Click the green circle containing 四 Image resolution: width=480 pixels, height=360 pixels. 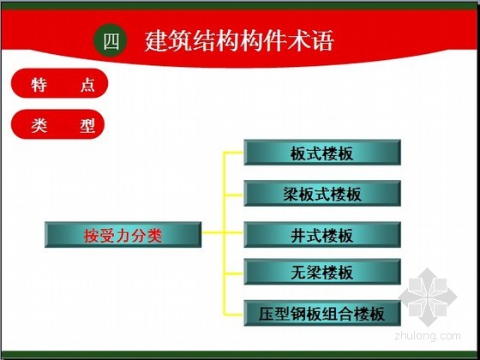[111, 40]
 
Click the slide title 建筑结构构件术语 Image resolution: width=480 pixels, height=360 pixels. [239, 41]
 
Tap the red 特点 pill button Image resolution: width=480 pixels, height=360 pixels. [59, 83]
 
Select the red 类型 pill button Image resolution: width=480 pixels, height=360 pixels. [58, 124]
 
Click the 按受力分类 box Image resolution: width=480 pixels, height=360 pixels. [123, 235]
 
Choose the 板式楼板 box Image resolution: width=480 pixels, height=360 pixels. [322, 153]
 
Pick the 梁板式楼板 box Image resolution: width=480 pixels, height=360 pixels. [322, 194]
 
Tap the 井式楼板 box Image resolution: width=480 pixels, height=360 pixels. [322, 235]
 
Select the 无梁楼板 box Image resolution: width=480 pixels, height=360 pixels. [322, 272]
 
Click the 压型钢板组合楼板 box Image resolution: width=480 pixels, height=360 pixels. [322, 313]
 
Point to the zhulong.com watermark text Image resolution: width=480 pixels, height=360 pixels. [428, 336]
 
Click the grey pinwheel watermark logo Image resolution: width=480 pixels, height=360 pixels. [428, 297]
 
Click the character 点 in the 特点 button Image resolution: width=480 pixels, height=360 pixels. [87, 85]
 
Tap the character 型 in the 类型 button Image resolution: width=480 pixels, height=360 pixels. [87, 125]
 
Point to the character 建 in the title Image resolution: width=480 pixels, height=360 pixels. [156, 41]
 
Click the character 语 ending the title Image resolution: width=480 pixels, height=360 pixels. [322, 41]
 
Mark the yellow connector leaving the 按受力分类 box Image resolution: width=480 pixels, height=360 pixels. [213, 232]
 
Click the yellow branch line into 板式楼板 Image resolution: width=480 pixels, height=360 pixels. [234, 152]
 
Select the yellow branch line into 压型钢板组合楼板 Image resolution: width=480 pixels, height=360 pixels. [234, 314]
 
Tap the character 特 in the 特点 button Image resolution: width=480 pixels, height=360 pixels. [39, 85]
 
